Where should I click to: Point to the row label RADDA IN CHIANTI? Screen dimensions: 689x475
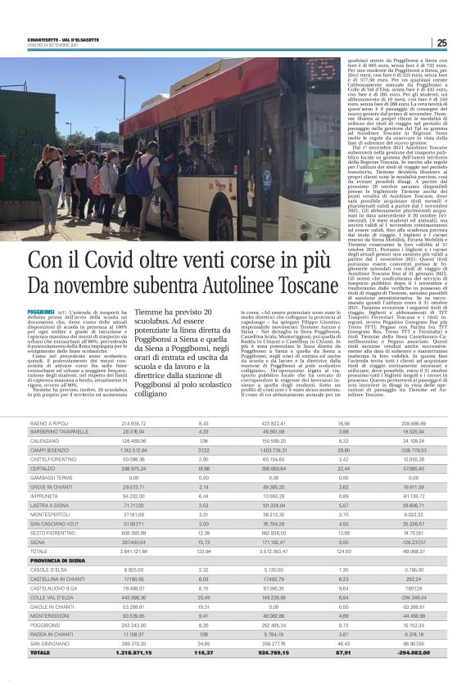pos(53,659)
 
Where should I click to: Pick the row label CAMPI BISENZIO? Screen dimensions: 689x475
pos(51,450)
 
